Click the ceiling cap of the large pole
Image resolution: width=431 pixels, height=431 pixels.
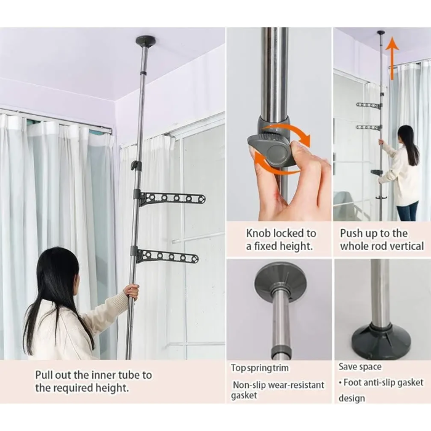[145, 41]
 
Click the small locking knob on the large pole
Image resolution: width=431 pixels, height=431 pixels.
[135, 165]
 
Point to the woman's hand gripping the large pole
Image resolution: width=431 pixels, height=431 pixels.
[131, 292]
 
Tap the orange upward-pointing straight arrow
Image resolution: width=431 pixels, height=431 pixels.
[392, 58]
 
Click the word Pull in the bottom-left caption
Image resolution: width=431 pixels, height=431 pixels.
[44, 375]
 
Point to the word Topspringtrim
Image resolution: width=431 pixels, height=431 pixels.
[259, 368]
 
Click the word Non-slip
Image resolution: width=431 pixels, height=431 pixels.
[249, 385]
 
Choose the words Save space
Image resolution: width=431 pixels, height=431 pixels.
[360, 367]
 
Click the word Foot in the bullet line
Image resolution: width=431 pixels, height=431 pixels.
[351, 382]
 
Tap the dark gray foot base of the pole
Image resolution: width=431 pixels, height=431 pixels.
[381, 341]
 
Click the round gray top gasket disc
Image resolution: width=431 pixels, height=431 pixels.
[280, 280]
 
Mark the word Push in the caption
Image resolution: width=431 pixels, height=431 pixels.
[350, 233]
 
